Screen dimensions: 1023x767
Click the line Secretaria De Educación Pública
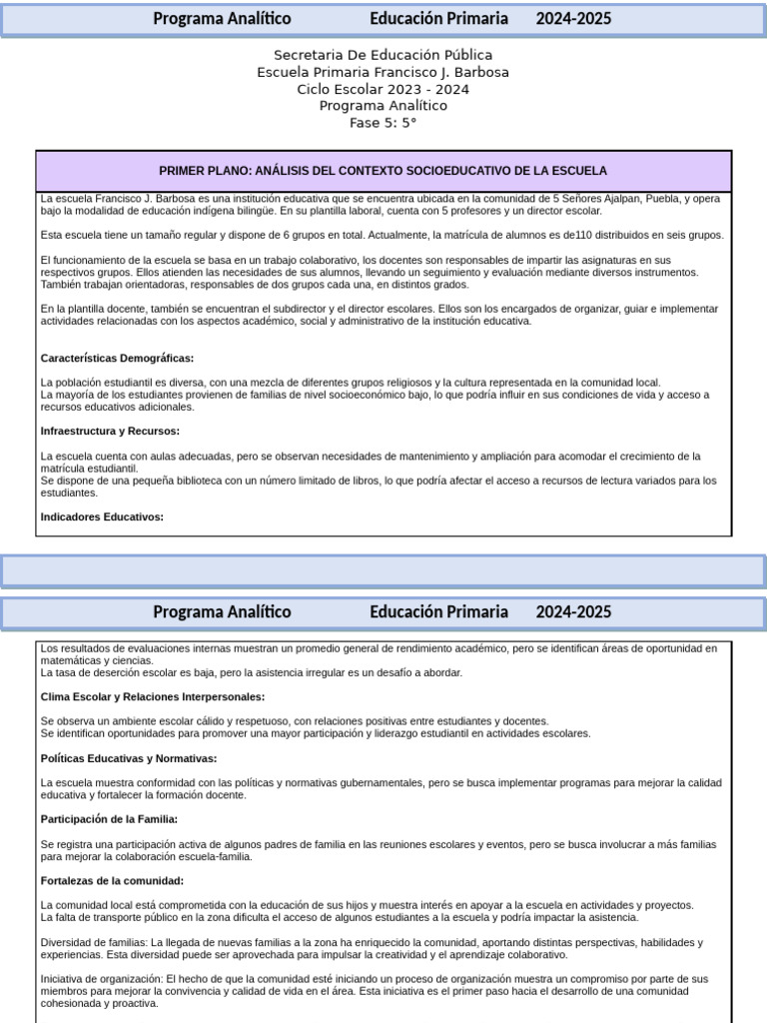point(383,55)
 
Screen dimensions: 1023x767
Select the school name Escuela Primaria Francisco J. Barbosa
point(383,72)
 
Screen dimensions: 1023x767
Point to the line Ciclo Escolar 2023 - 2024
point(383,89)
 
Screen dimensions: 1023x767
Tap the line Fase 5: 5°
point(383,123)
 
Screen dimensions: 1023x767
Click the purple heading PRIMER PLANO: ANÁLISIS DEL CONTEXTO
point(383,171)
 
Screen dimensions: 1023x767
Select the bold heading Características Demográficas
point(117,358)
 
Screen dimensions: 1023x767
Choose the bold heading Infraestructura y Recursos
point(110,431)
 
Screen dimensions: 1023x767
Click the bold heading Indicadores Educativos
point(102,516)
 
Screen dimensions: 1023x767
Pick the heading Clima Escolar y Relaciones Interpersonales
point(152,696)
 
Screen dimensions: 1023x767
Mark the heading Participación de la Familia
point(109,819)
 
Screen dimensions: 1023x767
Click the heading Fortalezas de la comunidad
point(112,880)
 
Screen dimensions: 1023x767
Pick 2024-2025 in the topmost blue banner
point(573,19)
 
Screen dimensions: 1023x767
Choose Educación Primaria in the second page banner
point(438,611)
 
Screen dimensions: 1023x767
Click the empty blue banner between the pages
point(383,570)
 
